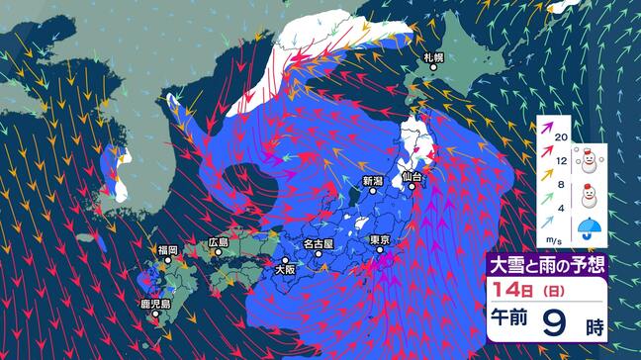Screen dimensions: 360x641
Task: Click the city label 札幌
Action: coord(434,58)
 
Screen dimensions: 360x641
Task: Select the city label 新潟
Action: coord(372,181)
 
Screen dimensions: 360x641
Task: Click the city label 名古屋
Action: coord(319,242)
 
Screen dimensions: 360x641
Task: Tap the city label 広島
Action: coord(219,242)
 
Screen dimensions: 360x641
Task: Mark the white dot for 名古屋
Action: coord(319,254)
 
